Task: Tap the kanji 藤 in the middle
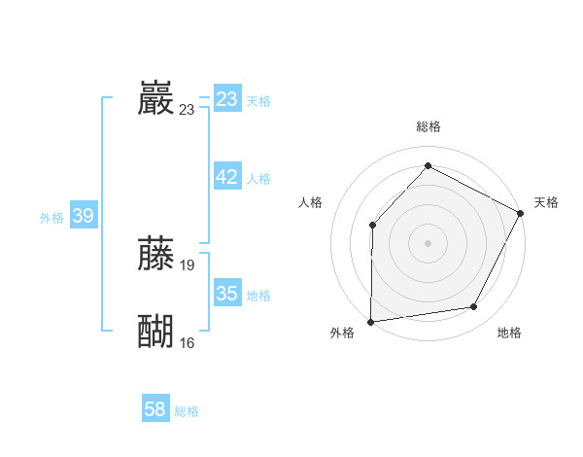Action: click(156, 253)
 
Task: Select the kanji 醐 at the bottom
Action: click(156, 331)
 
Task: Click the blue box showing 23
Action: click(227, 99)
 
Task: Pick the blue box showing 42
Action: click(227, 177)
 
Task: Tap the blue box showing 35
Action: click(227, 293)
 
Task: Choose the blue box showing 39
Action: click(83, 216)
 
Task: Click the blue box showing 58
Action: click(155, 409)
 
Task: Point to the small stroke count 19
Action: click(188, 264)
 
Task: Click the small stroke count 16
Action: click(188, 342)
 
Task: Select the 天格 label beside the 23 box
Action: click(258, 101)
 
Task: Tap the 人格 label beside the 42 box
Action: click(258, 179)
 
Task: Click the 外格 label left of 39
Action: click(51, 218)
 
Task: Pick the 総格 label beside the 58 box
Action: click(187, 411)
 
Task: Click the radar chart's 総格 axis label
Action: click(428, 126)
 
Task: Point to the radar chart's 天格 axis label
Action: click(546, 202)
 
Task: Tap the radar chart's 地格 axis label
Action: click(509, 333)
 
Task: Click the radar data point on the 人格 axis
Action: click(372, 225)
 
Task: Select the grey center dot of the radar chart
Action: click(428, 242)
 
